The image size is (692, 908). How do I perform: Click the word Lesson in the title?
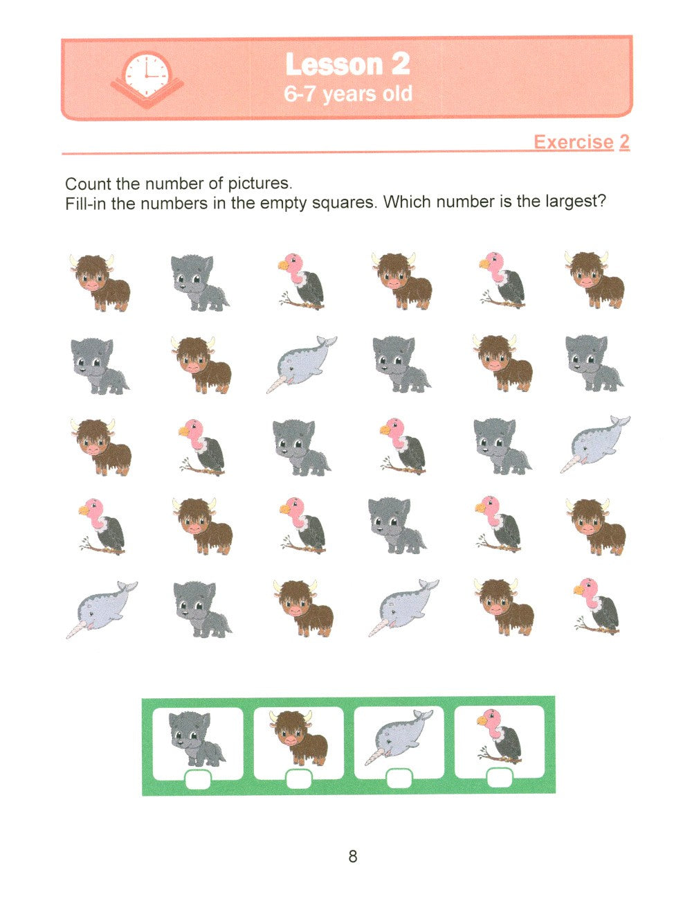point(334,64)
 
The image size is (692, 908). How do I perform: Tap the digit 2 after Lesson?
point(401,64)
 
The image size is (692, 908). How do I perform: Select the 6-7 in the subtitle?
point(300,94)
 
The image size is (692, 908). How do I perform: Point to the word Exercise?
point(574,142)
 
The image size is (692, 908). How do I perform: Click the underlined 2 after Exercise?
point(623,142)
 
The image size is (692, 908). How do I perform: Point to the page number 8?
point(352,856)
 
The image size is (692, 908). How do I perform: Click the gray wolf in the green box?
point(197,739)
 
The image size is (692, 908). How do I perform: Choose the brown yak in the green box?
point(298,738)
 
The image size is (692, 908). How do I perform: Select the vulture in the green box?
point(499,736)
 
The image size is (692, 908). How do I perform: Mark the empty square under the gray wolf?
point(198,779)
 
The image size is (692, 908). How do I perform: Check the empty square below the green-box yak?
point(298,778)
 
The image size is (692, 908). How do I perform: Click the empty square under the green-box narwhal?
point(399,778)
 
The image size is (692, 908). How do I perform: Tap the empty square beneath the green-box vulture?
point(499,778)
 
